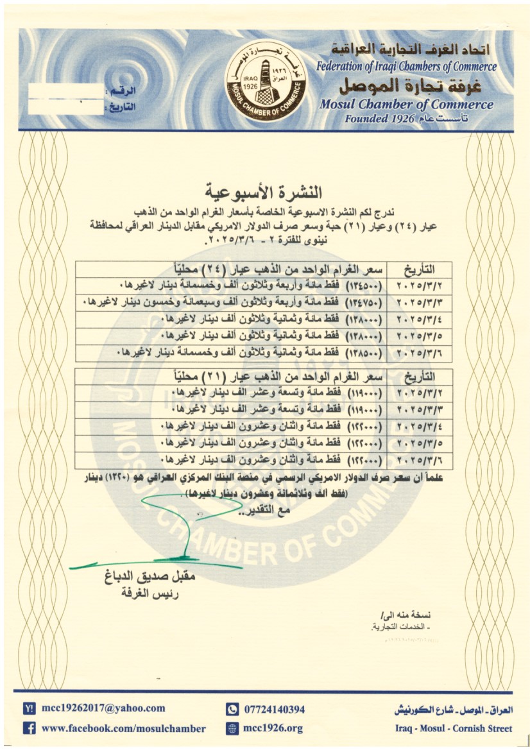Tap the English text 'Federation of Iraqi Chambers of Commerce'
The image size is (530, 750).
tap(406, 66)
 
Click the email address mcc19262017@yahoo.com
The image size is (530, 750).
tap(103, 708)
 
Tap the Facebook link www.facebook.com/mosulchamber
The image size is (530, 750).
tap(123, 728)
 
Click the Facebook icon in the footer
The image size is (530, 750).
tap(29, 728)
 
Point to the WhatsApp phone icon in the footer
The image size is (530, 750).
tap(232, 709)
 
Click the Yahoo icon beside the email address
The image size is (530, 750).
tap(29, 709)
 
